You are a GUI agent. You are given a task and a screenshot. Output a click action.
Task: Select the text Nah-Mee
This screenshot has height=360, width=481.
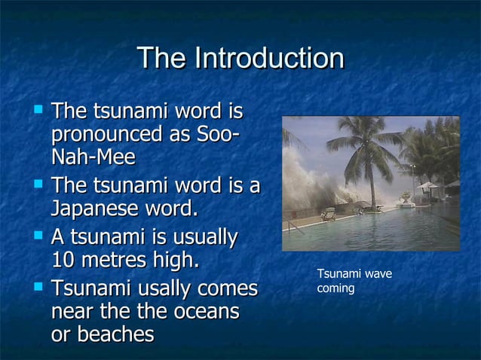pyautogui.click(x=93, y=157)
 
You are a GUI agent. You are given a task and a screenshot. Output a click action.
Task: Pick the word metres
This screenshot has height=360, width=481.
pyautogui.click(x=122, y=261)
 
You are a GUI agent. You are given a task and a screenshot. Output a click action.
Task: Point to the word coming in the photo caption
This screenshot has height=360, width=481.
pyautogui.click(x=335, y=288)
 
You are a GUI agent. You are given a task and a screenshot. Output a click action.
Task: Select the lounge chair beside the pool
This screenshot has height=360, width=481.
pyautogui.click(x=329, y=214)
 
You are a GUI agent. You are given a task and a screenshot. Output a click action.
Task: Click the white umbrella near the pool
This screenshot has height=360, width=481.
pyautogui.click(x=427, y=185)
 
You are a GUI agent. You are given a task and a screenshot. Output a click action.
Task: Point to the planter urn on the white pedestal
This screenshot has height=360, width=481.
pyautogui.click(x=406, y=197)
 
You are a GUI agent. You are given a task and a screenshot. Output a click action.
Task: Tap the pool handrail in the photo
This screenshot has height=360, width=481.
pyautogui.click(x=296, y=227)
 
